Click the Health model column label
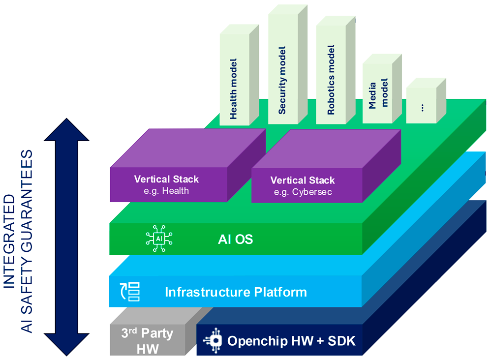tap(234, 89)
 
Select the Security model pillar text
tap(282, 81)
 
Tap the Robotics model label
tap(331, 80)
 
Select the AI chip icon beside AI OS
tap(159, 239)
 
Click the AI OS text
tap(235, 240)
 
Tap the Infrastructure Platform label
tap(236, 292)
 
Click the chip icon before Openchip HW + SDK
tap(215, 340)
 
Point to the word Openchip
tap(253, 341)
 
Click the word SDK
tap(341, 341)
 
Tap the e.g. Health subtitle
tap(166, 191)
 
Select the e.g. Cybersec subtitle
tap(303, 192)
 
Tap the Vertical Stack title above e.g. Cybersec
tap(303, 180)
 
